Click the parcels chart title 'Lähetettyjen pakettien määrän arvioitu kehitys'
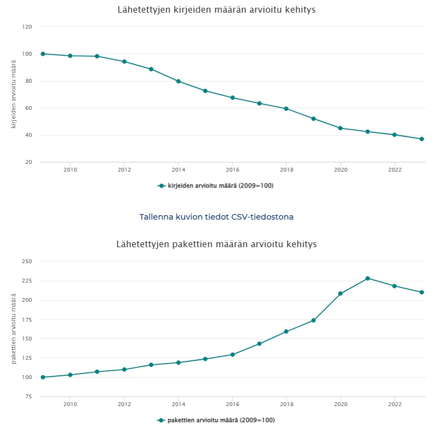coord(216,244)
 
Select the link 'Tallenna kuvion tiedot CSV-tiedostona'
coord(216,217)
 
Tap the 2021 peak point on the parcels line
coord(367,278)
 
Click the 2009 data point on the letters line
coord(42,54)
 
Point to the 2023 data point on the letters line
coord(421,139)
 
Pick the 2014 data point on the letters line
coord(178,81)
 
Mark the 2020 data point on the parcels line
coord(340,294)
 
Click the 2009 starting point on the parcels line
coord(42,377)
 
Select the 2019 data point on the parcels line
coord(313,321)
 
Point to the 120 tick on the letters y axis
coord(27,27)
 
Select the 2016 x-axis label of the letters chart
coord(232,170)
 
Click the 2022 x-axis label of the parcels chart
coord(394,404)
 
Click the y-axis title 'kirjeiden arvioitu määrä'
coord(14,95)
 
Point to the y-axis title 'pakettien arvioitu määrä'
coord(14,329)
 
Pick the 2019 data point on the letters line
coord(313,119)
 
